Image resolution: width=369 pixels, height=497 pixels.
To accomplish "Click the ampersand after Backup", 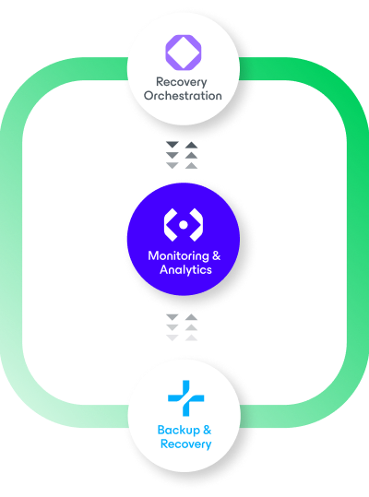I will [x=208, y=430].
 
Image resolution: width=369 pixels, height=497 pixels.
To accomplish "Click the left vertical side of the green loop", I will [x=17, y=249].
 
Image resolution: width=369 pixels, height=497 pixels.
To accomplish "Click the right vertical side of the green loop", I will [x=351, y=249].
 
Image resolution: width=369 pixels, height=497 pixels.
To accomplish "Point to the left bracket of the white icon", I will [x=172, y=223].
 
